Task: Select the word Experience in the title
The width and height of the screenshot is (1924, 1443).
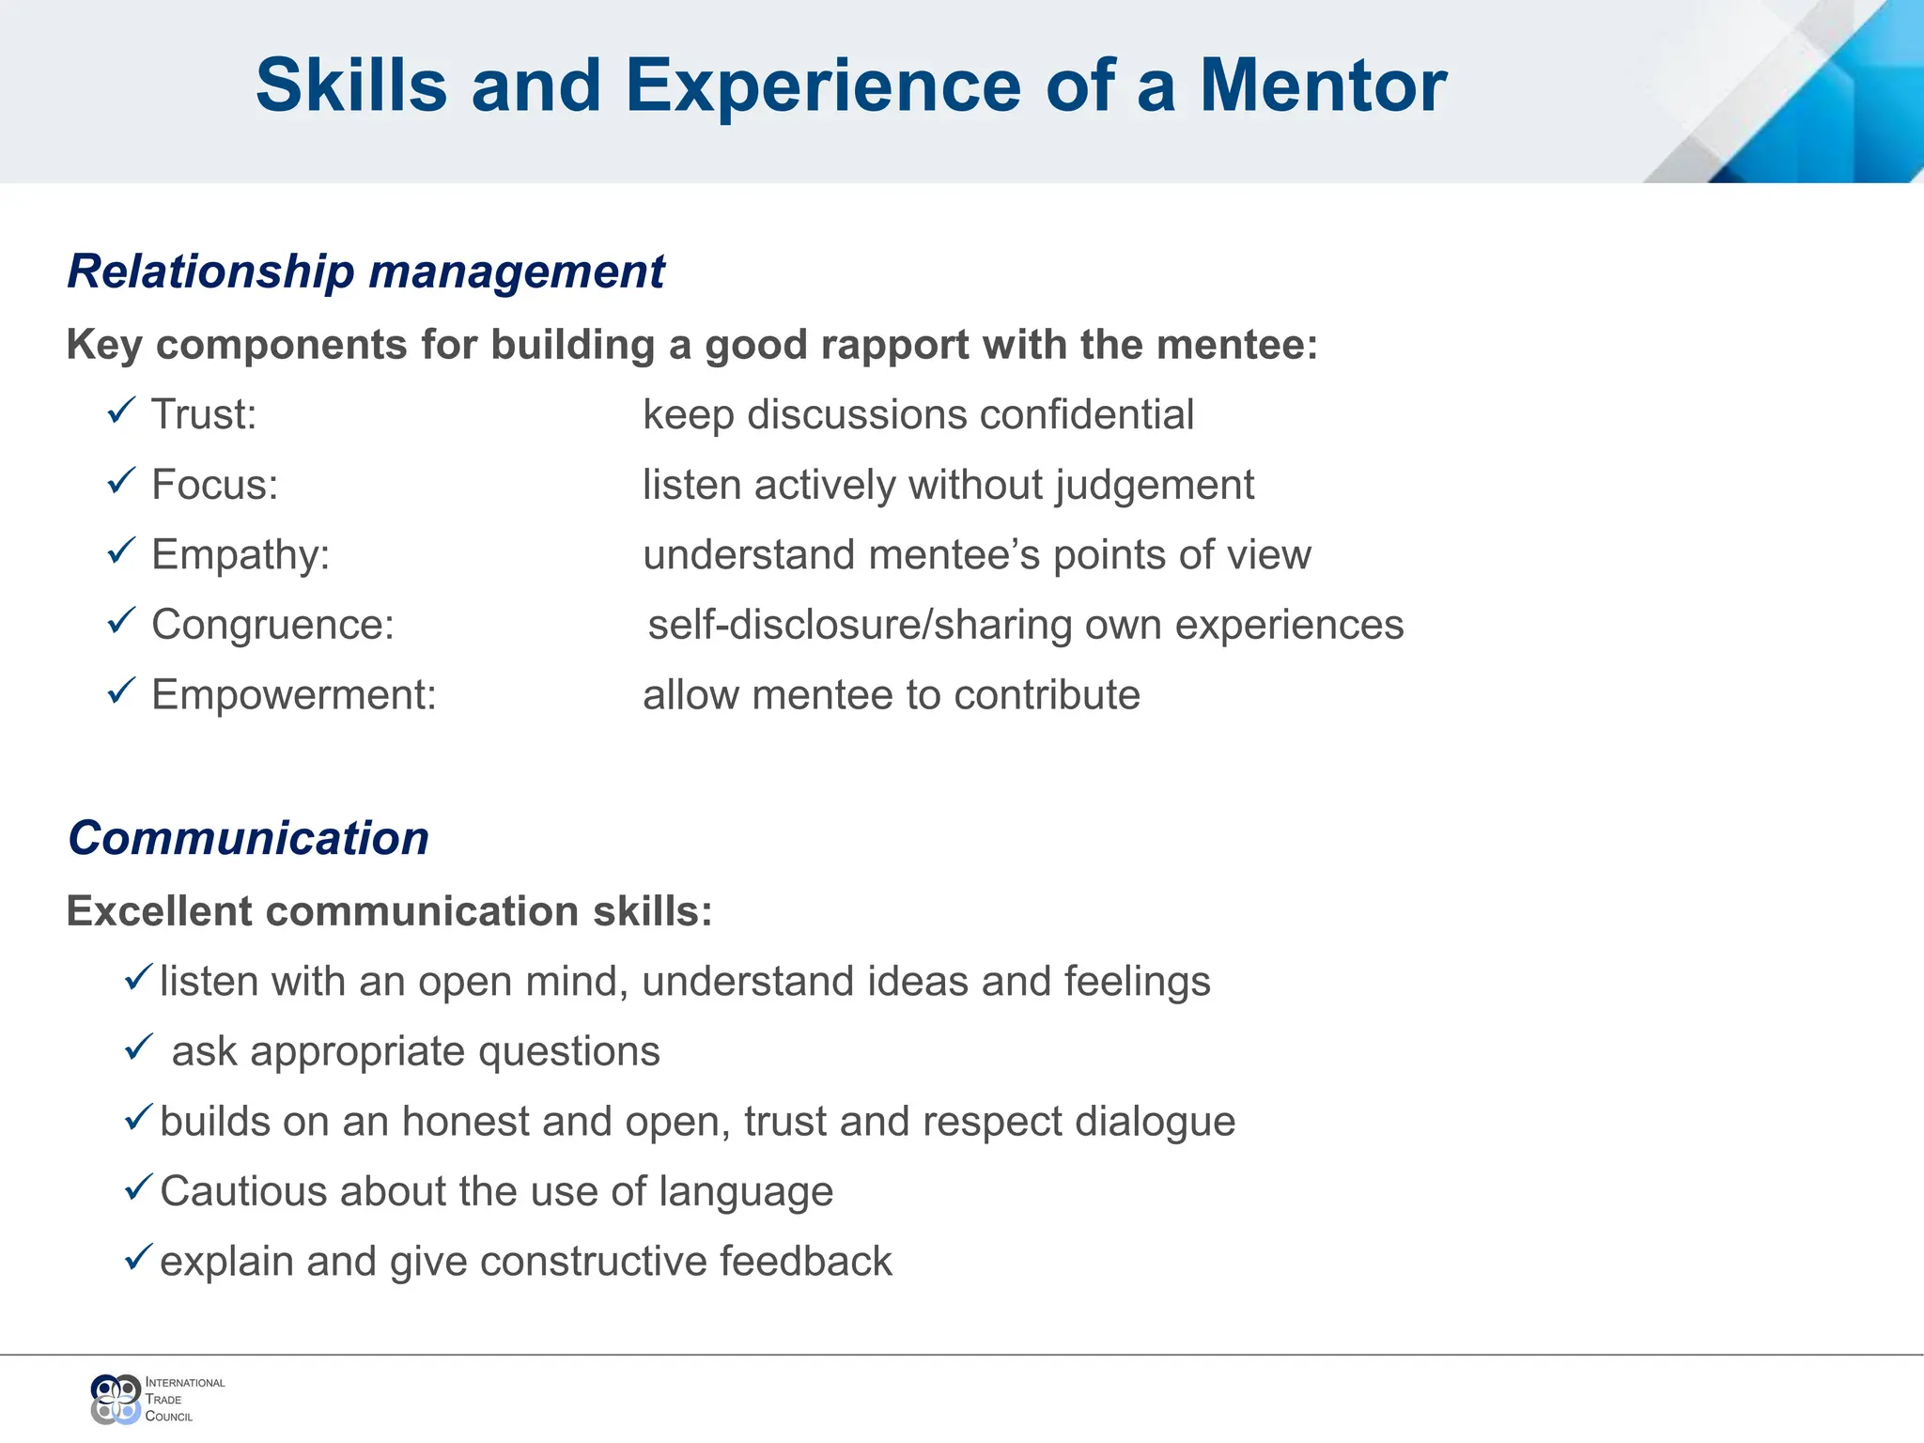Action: [x=823, y=86]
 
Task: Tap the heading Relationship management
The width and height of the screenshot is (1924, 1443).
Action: [x=365, y=272]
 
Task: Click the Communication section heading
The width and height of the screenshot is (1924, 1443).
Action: [x=248, y=838]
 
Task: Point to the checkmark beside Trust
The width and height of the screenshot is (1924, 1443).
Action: [x=121, y=411]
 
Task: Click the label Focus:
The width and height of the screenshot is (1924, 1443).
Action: [x=215, y=485]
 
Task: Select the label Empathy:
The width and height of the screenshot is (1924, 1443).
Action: [x=240, y=554]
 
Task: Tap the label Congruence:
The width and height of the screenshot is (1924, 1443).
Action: [x=272, y=625]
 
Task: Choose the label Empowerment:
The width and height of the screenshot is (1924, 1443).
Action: [x=294, y=695]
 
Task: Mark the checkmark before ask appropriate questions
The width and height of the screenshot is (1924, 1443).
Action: [x=138, y=1046]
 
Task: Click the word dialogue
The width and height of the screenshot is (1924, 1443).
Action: [x=1155, y=1122]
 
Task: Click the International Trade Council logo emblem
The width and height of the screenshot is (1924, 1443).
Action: [x=116, y=1399]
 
